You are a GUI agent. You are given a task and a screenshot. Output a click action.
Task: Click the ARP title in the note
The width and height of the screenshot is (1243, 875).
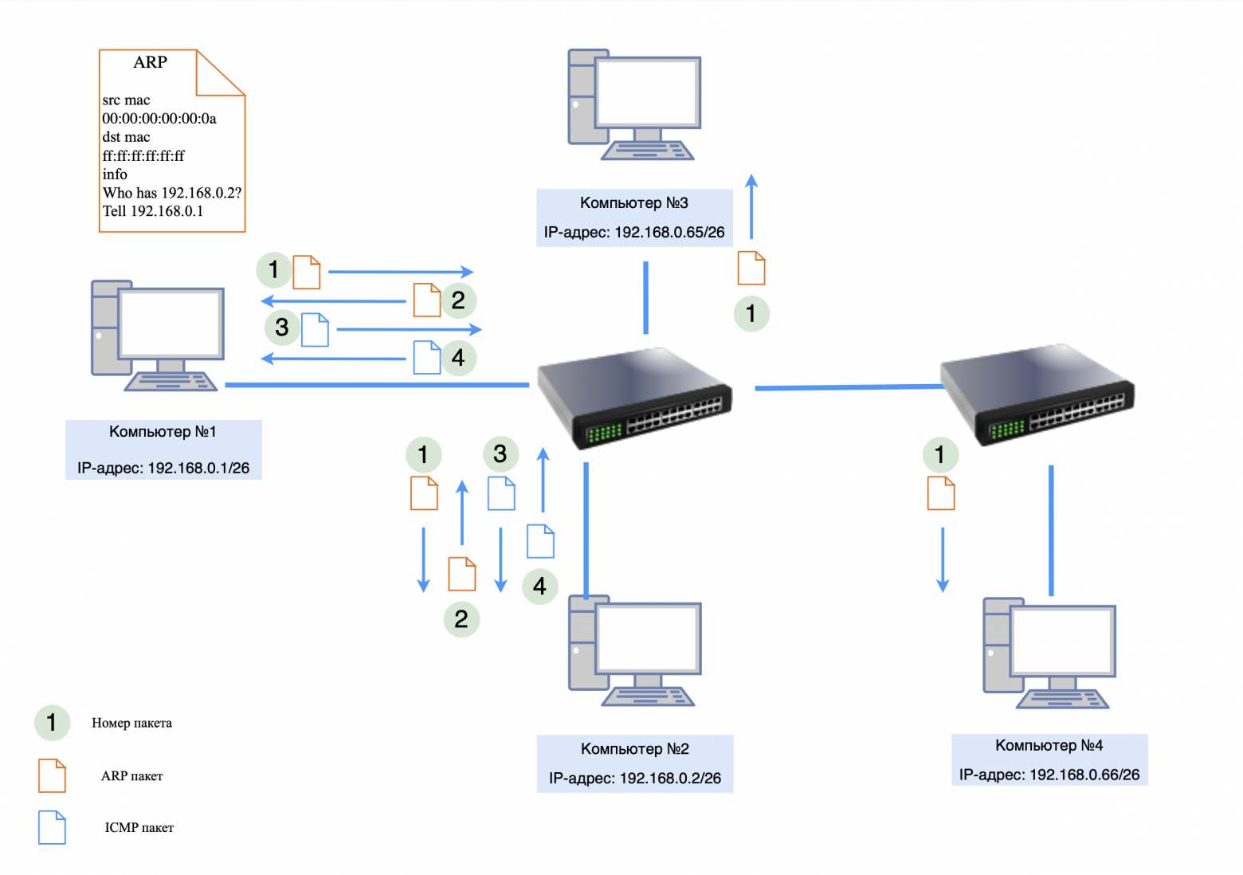coord(150,62)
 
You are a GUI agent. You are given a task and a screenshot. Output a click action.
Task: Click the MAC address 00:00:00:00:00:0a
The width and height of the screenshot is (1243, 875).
coord(159,119)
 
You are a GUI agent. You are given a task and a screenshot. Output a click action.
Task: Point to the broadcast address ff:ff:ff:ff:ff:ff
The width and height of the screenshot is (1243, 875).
coord(143,156)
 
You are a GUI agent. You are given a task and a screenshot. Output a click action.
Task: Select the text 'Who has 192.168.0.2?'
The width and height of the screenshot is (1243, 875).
coord(172,193)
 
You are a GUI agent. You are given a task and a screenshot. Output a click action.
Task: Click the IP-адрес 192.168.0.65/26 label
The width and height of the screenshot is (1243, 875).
coord(634,233)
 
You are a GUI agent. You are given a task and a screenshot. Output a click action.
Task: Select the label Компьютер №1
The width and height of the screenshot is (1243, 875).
coord(163,432)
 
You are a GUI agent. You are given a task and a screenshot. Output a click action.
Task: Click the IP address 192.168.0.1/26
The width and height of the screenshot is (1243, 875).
coord(163,469)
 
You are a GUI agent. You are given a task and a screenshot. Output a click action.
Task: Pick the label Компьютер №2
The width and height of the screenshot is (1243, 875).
coord(634,749)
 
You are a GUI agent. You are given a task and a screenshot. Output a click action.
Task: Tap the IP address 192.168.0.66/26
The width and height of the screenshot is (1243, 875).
coord(1049,775)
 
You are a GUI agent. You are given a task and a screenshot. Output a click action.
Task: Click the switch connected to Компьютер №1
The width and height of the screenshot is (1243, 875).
coord(634,397)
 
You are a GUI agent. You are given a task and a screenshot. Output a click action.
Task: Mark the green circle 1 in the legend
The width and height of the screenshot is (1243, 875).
coord(52,723)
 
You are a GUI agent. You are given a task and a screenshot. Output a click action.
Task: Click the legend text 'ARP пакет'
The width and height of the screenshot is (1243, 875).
coord(131,776)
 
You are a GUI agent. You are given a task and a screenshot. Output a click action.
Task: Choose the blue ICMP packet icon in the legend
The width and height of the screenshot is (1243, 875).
coord(52,827)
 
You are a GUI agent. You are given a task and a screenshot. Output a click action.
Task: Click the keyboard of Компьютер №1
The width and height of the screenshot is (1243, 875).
coord(171,383)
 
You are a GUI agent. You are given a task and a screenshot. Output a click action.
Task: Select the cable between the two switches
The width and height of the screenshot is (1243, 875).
coord(848,387)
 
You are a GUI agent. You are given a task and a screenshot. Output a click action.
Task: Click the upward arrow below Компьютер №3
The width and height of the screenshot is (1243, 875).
coord(751,206)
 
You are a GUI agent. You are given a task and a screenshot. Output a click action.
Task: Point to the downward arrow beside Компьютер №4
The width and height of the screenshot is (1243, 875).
coord(943,559)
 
